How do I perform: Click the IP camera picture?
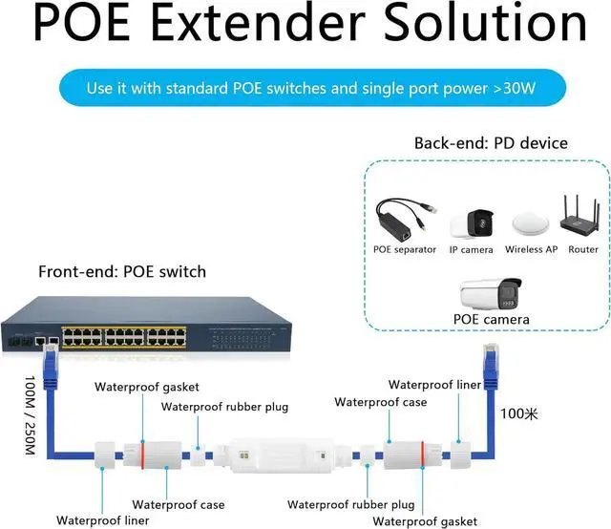click(471, 223)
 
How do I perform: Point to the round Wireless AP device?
click(531, 222)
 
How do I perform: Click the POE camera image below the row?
click(491, 291)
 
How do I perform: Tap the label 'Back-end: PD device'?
click(491, 143)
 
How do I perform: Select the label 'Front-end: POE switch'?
click(122, 271)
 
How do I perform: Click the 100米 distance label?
click(519, 414)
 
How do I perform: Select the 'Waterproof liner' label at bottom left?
click(102, 520)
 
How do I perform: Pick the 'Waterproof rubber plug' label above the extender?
click(224, 406)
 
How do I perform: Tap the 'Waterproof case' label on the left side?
click(179, 504)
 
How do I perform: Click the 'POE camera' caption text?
click(491, 319)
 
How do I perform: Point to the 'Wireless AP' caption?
click(531, 249)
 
